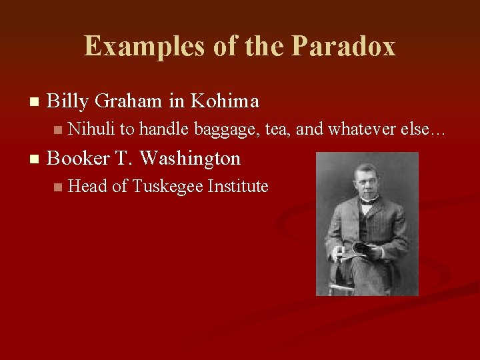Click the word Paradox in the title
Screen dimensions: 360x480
click(x=343, y=47)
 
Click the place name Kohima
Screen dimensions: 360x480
click(x=225, y=101)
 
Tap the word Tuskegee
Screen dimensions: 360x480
click(x=169, y=187)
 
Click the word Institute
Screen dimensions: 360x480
click(x=239, y=187)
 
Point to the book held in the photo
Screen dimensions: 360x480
click(x=360, y=249)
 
